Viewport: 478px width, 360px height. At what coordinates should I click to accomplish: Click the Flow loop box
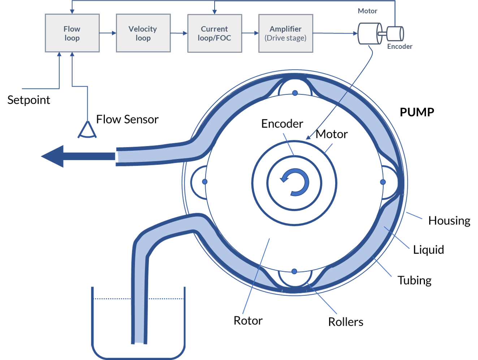point(72,33)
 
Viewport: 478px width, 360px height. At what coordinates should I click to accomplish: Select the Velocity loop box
point(143,33)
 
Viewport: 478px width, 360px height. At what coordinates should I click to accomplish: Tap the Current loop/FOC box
point(215,33)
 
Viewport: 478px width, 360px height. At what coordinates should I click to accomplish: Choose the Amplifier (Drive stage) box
point(286,33)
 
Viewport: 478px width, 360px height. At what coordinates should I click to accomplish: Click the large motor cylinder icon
point(369,34)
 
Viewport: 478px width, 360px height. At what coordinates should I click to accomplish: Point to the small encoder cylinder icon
point(395,34)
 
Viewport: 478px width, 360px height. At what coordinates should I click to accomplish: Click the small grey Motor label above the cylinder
point(367,11)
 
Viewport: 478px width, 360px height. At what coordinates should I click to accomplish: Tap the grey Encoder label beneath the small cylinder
point(400,47)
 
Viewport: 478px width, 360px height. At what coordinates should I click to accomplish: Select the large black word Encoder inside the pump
point(282,124)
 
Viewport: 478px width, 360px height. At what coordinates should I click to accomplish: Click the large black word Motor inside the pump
point(332,134)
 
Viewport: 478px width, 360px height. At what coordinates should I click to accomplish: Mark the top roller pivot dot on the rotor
point(295,93)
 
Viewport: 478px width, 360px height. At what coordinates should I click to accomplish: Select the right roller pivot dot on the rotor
point(383,182)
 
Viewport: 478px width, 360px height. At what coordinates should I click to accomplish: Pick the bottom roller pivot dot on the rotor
point(294,271)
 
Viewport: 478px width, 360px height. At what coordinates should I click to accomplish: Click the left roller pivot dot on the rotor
point(205,181)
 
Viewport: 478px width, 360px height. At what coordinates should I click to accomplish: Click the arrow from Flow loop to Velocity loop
point(108,33)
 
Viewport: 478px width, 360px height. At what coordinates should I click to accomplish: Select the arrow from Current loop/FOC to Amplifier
point(250,33)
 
